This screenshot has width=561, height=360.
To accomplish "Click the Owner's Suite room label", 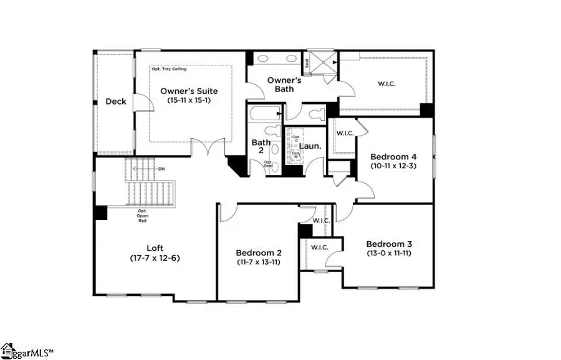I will pos(189,90).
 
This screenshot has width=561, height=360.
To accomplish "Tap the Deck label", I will pos(115,102).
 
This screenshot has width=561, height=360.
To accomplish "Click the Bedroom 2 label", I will pos(259,253).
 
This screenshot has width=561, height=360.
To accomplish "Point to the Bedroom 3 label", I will pos(389,244).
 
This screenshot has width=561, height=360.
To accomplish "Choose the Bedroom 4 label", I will pos(393,157).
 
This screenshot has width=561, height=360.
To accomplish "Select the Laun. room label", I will pos(310,146).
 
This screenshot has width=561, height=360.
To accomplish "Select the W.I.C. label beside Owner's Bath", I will pos(386,84).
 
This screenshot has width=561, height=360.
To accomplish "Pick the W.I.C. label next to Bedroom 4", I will pos(345,133).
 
